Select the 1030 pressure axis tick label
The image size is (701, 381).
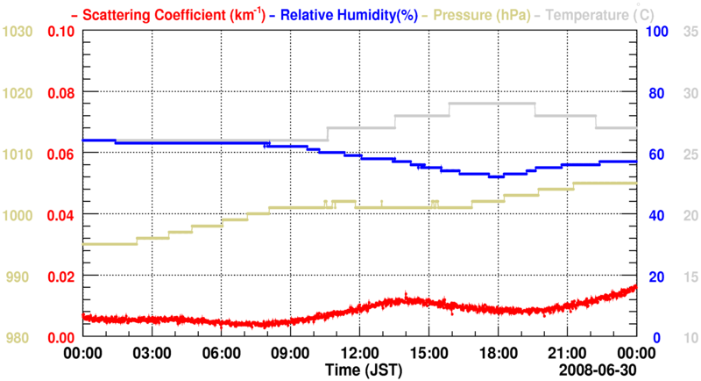pyautogui.click(x=18, y=32)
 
